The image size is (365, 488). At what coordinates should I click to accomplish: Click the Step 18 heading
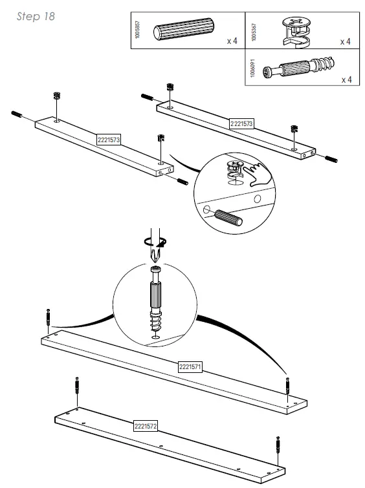point(36,16)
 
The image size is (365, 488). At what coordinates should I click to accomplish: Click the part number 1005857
point(138,30)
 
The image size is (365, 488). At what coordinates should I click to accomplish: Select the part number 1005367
point(254,32)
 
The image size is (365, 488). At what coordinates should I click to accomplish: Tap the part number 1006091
point(253,68)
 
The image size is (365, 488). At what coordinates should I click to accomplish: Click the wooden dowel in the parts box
point(184,29)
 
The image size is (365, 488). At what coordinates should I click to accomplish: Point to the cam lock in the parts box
point(296,32)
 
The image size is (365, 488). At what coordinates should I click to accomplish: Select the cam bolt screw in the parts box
point(298,67)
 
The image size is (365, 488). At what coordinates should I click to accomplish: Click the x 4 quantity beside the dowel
point(232,41)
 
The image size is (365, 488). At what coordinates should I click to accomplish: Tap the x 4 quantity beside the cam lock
point(345,41)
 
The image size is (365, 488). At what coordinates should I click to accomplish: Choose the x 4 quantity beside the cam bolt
point(346,80)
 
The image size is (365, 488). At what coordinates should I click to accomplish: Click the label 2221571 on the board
point(190,366)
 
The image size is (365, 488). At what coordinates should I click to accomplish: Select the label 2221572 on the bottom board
point(146,426)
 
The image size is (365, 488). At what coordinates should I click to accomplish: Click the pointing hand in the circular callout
point(258,174)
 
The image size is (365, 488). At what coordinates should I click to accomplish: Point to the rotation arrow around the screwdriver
point(155,242)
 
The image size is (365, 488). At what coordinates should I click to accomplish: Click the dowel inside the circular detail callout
point(228,217)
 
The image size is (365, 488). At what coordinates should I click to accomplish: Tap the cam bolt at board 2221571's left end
point(48,317)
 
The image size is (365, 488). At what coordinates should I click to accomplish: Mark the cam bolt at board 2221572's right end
point(278,445)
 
